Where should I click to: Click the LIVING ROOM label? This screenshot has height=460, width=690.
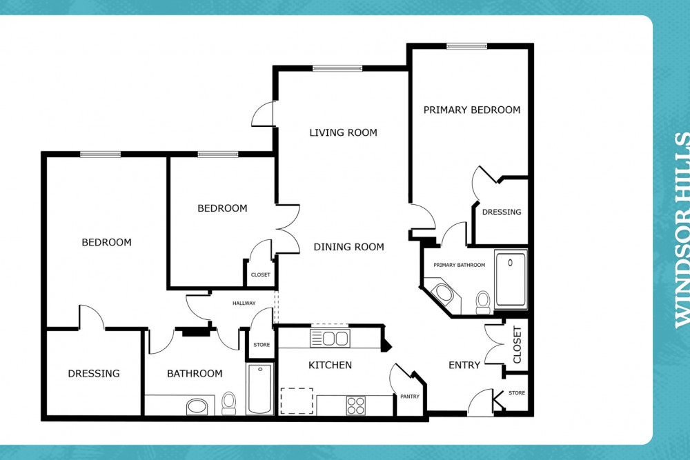click(343, 132)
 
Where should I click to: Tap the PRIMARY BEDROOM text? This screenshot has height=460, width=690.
click(472, 110)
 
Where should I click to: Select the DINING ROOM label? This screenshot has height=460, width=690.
click(348, 247)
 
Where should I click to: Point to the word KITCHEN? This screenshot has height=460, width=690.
click(330, 365)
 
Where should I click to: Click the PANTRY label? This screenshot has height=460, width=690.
click(410, 397)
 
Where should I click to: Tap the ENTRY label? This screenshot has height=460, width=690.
click(464, 365)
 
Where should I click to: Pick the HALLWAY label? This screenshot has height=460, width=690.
click(244, 303)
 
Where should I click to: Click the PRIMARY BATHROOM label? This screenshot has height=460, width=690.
click(460, 265)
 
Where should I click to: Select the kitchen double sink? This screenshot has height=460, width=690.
click(330, 338)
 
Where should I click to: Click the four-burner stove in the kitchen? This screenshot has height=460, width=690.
click(355, 406)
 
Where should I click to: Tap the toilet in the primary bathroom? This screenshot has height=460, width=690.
click(483, 302)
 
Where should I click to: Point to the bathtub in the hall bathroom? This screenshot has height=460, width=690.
click(259, 389)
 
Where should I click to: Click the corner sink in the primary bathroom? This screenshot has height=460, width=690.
click(444, 293)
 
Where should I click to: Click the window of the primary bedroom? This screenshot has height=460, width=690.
click(467, 46)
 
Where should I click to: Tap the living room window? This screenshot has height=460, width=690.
click(337, 68)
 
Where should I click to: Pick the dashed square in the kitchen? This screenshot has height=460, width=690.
click(297, 401)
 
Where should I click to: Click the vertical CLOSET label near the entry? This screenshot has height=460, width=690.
click(517, 345)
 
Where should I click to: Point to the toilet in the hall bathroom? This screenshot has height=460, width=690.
click(228, 403)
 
